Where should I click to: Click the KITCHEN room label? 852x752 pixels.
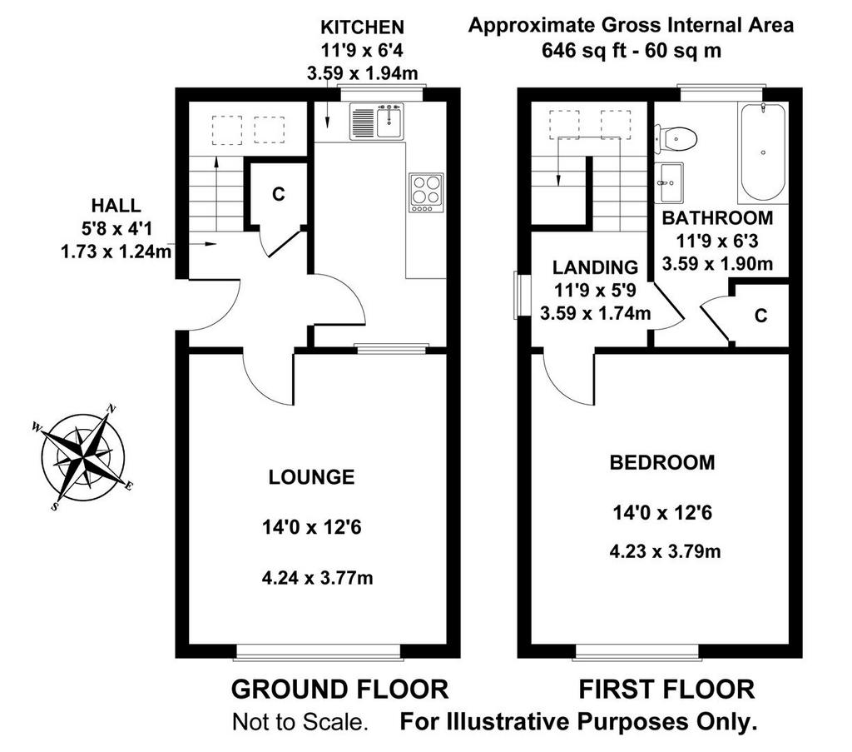point(362,27)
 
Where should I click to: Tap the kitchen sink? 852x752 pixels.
point(377,122)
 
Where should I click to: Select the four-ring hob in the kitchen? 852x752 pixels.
point(426,192)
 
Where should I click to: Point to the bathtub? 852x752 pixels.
point(763,152)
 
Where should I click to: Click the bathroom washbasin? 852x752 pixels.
point(670,182)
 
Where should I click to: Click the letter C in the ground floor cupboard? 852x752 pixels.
point(278,194)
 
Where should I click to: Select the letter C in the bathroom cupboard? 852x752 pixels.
point(760,316)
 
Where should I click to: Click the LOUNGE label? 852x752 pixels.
point(311,477)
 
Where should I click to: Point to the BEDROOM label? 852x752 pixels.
point(662,462)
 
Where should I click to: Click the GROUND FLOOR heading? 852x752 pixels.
point(340,689)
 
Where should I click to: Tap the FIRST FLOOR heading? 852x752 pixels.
point(666,689)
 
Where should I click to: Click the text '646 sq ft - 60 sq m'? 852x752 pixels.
point(632,51)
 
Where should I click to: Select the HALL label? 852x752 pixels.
point(116,206)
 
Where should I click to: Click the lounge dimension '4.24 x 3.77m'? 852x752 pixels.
point(317,577)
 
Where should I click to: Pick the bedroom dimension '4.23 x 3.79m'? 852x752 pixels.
point(665,551)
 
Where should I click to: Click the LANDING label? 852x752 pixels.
point(595,267)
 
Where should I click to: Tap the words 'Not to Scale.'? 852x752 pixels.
point(300,722)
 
